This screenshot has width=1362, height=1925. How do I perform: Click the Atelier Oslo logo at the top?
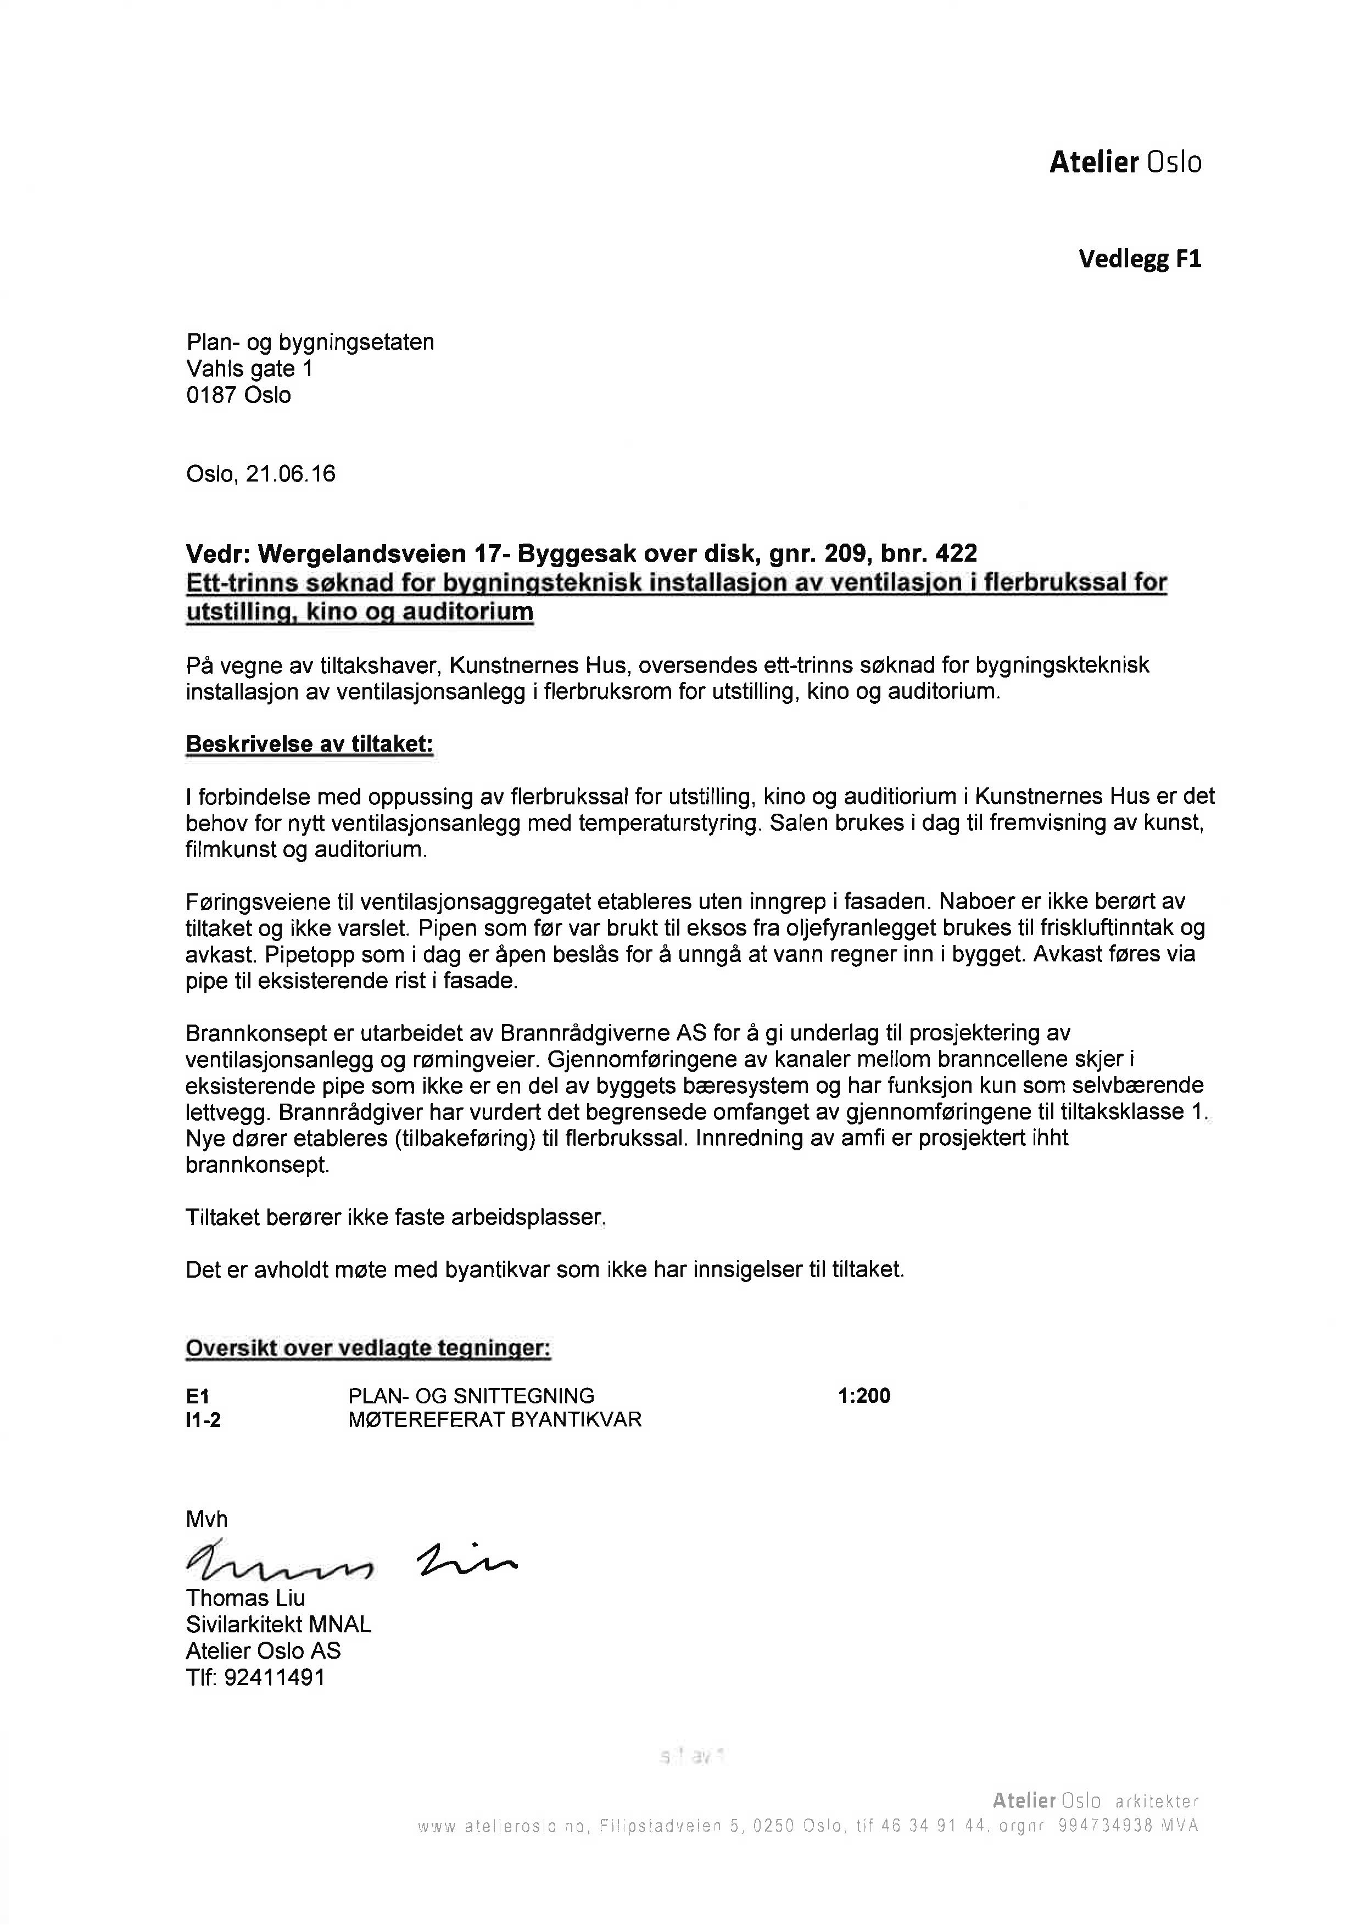(1125, 162)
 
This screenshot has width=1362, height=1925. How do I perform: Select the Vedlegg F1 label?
(1139, 259)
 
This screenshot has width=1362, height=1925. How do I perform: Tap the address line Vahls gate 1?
(249, 369)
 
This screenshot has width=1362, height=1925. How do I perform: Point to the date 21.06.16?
(290, 474)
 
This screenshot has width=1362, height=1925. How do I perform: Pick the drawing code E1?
(198, 1396)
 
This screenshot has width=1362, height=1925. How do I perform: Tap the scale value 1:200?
(864, 1396)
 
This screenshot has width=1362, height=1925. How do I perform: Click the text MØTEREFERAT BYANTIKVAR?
(495, 1419)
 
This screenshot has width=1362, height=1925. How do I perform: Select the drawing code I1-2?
(204, 1419)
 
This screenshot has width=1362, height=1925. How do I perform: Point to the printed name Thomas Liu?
(245, 1597)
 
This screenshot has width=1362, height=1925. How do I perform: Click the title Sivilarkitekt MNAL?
(278, 1624)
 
